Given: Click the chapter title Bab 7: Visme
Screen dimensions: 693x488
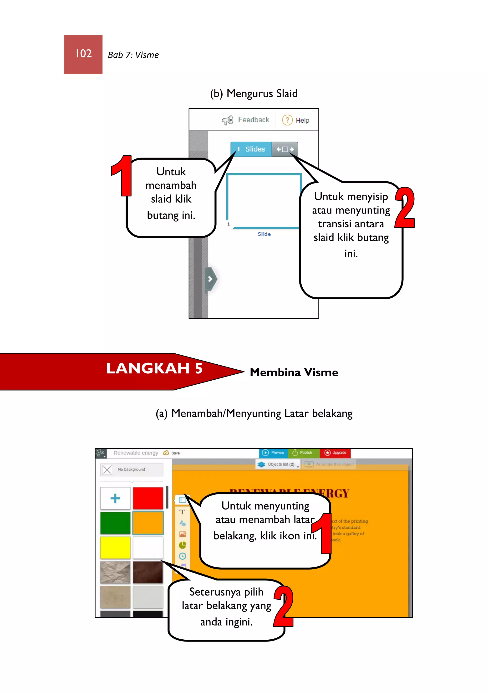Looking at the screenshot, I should tap(133, 55).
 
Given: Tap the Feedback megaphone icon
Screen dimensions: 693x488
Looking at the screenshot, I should tap(228, 120).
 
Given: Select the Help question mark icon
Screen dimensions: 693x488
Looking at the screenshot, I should tap(287, 120).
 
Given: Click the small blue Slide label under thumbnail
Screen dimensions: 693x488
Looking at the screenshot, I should tap(264, 234).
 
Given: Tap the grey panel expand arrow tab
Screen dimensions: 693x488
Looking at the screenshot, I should tap(210, 279).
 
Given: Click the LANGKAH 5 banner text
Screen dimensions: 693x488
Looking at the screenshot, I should tap(154, 368).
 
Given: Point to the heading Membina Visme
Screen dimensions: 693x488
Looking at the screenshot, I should tap(294, 372).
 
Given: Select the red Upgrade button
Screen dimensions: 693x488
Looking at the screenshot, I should tap(335, 453).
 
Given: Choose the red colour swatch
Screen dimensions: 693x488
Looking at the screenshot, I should tap(148, 498).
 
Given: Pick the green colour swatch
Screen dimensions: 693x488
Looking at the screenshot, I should tap(115, 523).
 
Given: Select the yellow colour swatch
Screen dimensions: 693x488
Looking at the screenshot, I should tap(115, 547).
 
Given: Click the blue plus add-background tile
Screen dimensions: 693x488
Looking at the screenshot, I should tap(115, 498).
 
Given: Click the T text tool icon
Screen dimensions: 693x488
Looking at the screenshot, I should tap(182, 512).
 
